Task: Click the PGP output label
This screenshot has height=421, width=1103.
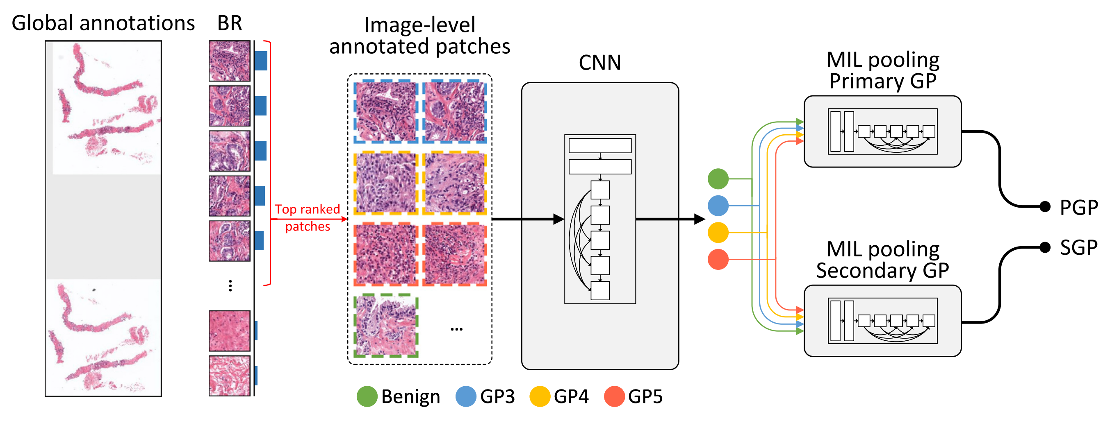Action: [1078, 208]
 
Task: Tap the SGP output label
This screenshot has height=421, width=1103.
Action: [1078, 247]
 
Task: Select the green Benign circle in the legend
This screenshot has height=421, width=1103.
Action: [367, 396]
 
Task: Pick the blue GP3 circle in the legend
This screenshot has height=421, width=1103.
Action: [466, 396]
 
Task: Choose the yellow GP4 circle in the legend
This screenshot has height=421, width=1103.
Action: [540, 396]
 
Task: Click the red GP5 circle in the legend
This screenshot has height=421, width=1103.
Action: [614, 396]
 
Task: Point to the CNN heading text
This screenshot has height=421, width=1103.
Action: [599, 63]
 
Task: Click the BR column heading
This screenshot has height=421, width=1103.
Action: [230, 23]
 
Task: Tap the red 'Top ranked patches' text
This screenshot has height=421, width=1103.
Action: [308, 217]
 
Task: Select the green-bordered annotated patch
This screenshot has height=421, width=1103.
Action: [386, 326]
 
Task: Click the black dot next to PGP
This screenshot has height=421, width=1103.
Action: [1045, 207]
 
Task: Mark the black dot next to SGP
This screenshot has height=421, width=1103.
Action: [1045, 247]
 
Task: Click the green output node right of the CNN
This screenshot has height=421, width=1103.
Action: [718, 179]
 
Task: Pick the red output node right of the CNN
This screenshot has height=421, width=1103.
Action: [718, 259]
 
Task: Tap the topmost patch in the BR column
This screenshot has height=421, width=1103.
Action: [230, 61]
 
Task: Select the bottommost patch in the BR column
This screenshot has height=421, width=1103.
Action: [230, 376]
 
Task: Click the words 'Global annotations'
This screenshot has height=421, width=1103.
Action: [103, 23]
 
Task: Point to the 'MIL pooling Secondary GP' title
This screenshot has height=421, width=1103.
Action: [882, 260]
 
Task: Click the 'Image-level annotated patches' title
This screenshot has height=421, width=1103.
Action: [419, 36]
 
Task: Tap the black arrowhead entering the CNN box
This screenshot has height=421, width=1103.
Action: [558, 219]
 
